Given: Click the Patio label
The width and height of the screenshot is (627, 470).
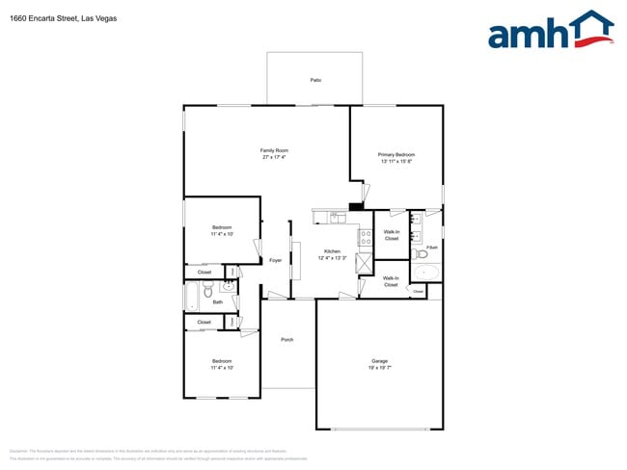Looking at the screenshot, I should (x=314, y=80).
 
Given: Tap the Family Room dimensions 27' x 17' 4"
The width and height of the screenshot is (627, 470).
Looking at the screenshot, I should (x=275, y=157).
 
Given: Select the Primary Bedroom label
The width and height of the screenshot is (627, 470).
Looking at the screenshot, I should (x=396, y=154).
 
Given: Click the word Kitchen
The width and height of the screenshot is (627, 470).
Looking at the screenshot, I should (x=332, y=251).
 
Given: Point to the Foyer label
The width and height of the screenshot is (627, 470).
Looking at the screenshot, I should (x=275, y=260).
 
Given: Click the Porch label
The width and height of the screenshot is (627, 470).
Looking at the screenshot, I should (x=287, y=340).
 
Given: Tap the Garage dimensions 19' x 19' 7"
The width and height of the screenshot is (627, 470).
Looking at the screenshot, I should (x=379, y=368).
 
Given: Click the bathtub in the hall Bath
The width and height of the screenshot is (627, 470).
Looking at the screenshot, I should (x=192, y=296).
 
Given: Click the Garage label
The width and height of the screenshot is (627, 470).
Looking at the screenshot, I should (x=379, y=361).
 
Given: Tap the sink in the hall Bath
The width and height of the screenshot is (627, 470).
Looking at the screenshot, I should (x=227, y=286).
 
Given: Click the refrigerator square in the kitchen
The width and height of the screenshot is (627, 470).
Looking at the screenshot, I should (x=365, y=265).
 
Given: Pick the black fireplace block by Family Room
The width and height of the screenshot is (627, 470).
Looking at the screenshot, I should (x=356, y=205).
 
